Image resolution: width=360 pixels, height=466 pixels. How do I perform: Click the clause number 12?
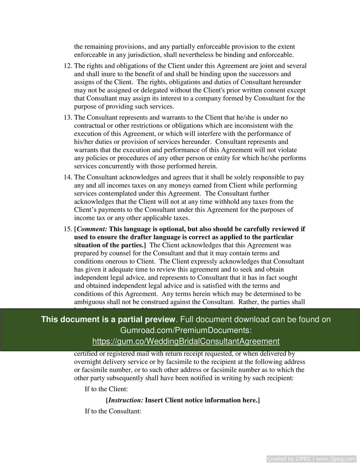pyautogui.click(x=68, y=66)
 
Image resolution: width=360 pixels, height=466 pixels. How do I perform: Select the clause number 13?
pyautogui.click(x=68, y=118)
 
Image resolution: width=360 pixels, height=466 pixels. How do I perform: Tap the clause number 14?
pyautogui.click(x=68, y=177)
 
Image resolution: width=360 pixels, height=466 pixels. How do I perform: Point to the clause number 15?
pyautogui.click(x=68, y=229)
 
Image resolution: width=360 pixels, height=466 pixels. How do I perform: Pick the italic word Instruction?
pyautogui.click(x=126, y=400)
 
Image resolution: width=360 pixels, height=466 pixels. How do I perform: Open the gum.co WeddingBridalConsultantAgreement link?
pyautogui.click(x=186, y=341)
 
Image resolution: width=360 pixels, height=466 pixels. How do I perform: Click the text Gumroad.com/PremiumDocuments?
pyautogui.click(x=186, y=330)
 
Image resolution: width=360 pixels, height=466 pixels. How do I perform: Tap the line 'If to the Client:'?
pyautogui.click(x=106, y=389)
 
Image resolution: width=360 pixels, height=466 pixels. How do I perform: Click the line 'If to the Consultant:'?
pyautogui.click(x=113, y=411)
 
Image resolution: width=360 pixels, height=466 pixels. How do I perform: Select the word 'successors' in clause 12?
pyautogui.click(x=265, y=74)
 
